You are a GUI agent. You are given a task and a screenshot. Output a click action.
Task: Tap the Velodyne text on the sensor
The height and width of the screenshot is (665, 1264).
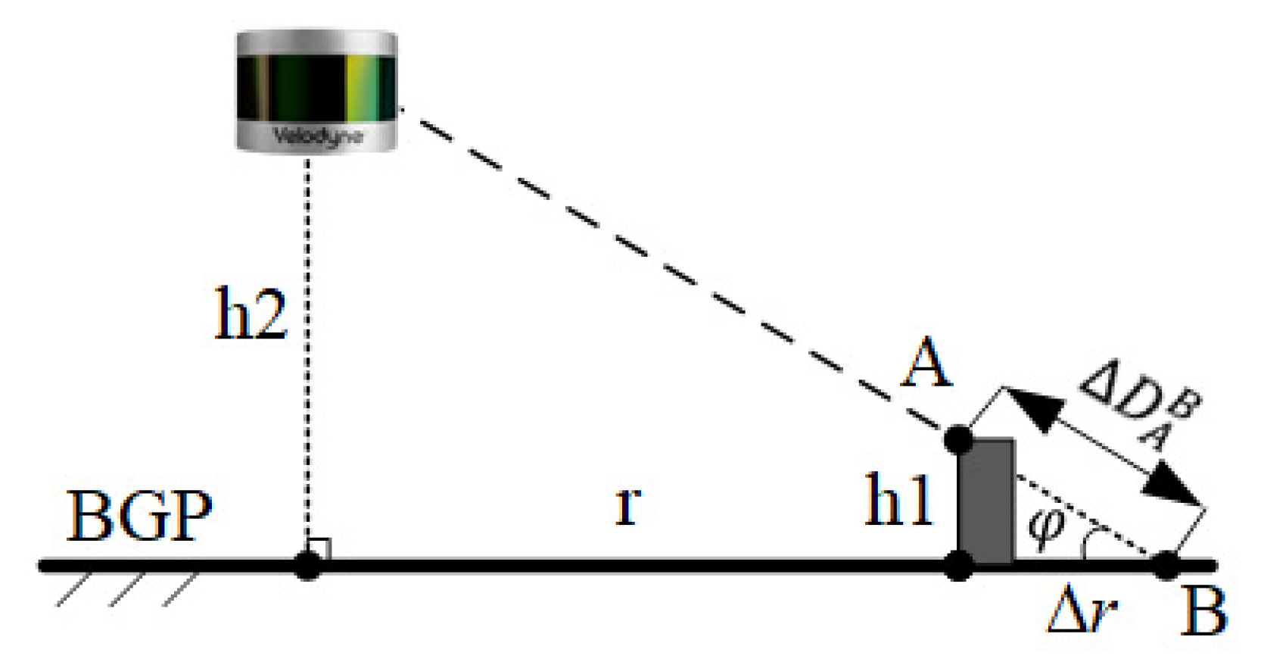pyautogui.click(x=318, y=137)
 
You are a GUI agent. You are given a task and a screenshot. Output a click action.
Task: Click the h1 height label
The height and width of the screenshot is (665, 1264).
pyautogui.click(x=898, y=502)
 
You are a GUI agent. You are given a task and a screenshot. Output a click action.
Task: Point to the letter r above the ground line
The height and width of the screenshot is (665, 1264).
pyautogui.click(x=627, y=504)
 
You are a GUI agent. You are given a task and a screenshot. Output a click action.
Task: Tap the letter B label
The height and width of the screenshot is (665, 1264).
pyautogui.click(x=1203, y=611)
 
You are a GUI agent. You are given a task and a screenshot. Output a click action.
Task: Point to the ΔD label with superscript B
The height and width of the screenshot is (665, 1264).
pyautogui.click(x=1140, y=409)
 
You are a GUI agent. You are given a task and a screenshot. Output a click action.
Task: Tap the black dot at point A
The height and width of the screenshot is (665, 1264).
pyautogui.click(x=958, y=439)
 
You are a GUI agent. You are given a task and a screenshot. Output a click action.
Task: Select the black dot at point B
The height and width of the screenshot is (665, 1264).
pyautogui.click(x=1166, y=565)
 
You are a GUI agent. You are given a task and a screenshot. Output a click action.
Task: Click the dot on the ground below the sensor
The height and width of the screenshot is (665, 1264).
pyautogui.click(x=307, y=565)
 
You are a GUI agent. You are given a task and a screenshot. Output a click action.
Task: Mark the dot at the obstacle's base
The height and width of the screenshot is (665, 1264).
pyautogui.click(x=959, y=565)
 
